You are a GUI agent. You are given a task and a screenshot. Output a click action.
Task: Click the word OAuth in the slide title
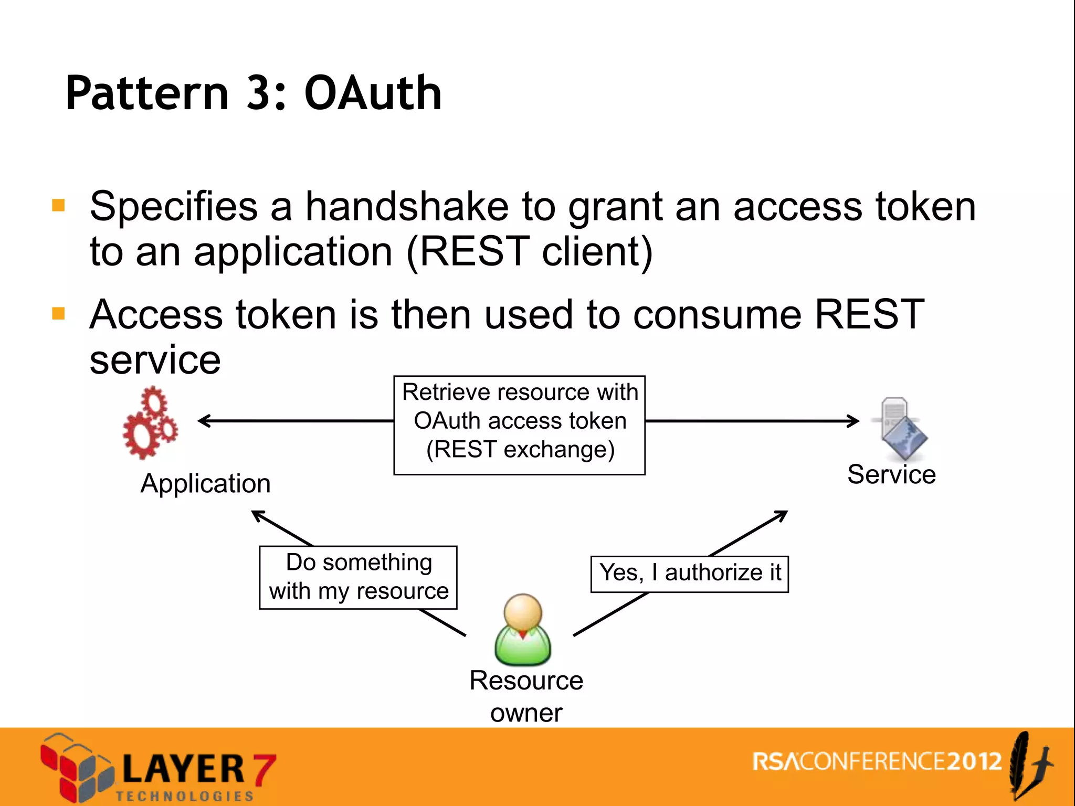coord(373,93)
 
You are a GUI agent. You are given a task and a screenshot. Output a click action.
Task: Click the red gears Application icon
coord(150,423)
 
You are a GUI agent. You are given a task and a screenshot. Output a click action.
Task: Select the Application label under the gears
coord(205,483)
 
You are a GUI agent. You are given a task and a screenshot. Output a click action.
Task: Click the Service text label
coord(891,474)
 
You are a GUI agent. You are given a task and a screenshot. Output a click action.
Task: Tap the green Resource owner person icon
coord(523,630)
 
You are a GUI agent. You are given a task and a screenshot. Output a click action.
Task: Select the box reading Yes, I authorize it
coord(690,574)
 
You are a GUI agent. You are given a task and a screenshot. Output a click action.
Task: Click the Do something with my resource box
coord(359,577)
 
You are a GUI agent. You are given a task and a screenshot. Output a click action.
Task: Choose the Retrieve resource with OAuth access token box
coord(519,425)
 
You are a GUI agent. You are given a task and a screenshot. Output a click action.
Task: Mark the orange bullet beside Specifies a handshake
coord(58,205)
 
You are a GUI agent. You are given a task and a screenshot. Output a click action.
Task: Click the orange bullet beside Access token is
coord(58,314)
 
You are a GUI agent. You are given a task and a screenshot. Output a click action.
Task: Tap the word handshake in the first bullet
coord(407,206)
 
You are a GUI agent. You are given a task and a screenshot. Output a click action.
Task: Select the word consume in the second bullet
coord(718,315)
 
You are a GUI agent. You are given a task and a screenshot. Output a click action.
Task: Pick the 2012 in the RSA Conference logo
coord(974,761)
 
